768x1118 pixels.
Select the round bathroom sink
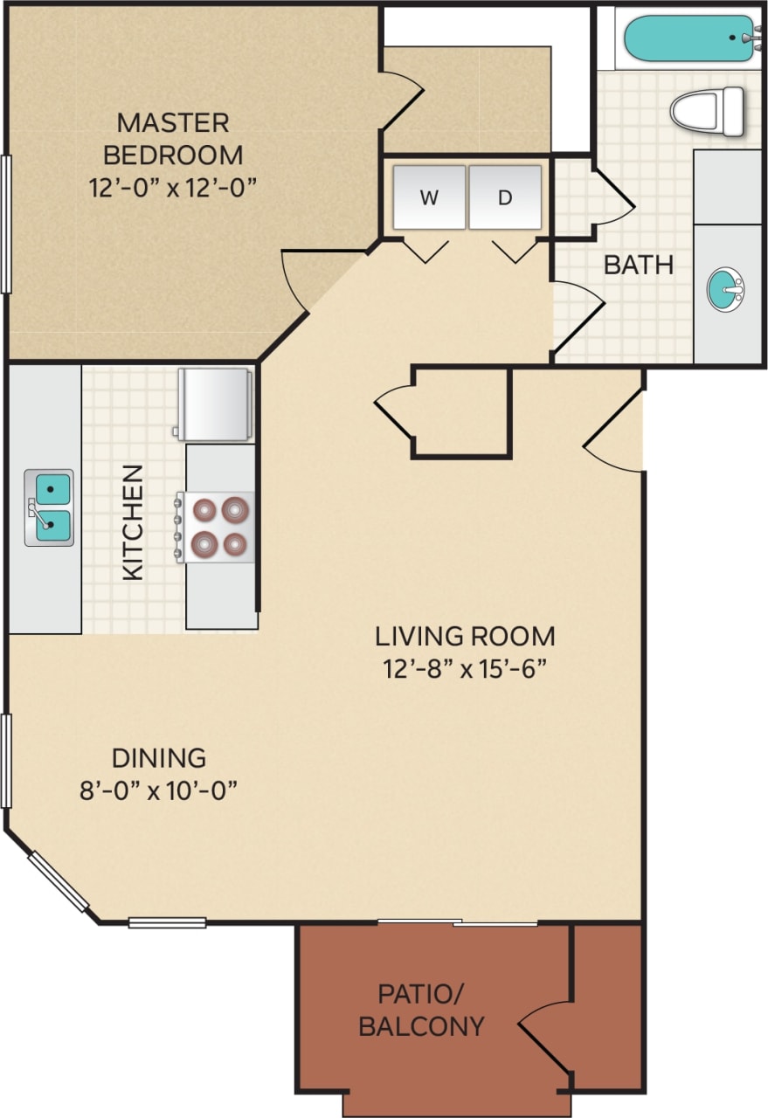pyautogui.click(x=724, y=290)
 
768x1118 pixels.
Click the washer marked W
pyautogui.click(x=429, y=197)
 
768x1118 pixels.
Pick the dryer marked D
pyautogui.click(x=505, y=197)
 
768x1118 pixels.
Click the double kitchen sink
pyautogui.click(x=49, y=507)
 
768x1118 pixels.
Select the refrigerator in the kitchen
pyautogui.click(x=215, y=404)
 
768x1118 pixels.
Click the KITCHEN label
pyautogui.click(x=133, y=522)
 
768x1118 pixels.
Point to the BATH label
pyautogui.click(x=639, y=265)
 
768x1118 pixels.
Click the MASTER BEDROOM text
pyautogui.click(x=173, y=138)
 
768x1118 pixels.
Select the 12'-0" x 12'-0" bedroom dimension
pyautogui.click(x=176, y=187)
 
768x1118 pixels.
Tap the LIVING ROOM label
pyautogui.click(x=465, y=635)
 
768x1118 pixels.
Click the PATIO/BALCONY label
pyautogui.click(x=421, y=1010)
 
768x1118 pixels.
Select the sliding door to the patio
pyautogui.click(x=458, y=921)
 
